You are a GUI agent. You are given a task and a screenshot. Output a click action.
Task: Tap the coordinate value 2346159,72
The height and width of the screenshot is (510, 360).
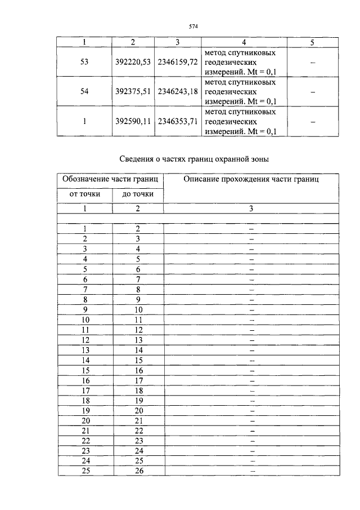(x=177, y=62)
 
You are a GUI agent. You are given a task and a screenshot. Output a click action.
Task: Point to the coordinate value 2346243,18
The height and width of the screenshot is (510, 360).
(x=177, y=92)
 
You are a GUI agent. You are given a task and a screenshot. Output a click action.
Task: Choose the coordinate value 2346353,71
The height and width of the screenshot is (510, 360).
(x=177, y=122)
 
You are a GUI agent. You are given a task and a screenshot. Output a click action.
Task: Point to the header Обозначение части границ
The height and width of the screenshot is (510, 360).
(x=110, y=179)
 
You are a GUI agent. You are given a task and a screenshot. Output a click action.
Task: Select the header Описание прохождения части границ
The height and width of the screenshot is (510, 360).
(x=251, y=179)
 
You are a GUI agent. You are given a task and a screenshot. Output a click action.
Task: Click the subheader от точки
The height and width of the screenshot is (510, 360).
(x=85, y=194)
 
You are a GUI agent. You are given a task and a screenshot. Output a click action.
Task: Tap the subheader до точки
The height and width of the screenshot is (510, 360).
(x=138, y=194)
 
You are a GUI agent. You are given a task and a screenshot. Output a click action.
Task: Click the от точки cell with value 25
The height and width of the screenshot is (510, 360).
(x=85, y=471)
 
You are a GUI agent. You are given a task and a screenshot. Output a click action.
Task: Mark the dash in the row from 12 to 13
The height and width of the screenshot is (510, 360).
(x=251, y=340)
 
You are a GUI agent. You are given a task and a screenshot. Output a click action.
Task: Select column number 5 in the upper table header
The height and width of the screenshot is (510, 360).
(x=312, y=42)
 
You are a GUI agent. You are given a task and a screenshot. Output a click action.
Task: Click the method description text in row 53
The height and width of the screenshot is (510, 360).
(x=241, y=62)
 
